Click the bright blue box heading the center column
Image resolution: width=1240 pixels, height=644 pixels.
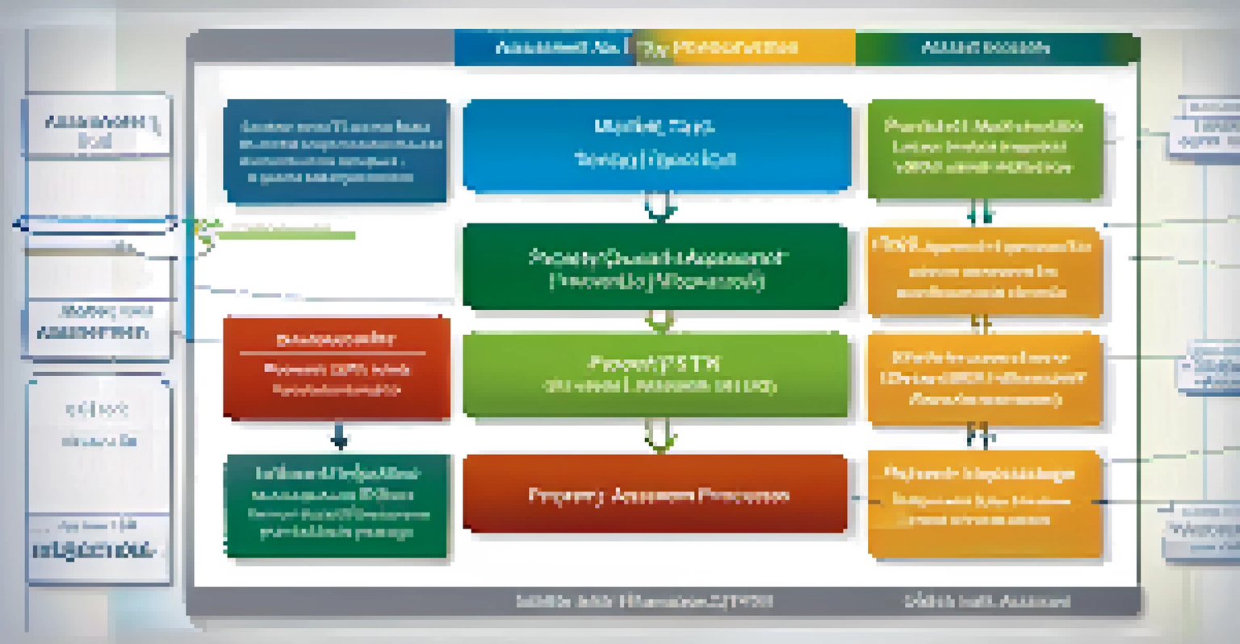(x=656, y=145)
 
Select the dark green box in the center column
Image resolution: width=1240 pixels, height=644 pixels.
(x=656, y=267)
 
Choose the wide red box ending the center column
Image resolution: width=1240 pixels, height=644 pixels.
(x=656, y=494)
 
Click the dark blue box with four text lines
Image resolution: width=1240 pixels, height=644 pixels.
(x=336, y=151)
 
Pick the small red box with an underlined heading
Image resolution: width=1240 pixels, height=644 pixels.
(x=337, y=368)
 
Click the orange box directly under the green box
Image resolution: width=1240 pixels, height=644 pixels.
(x=985, y=272)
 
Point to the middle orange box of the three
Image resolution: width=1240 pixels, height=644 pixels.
(x=985, y=378)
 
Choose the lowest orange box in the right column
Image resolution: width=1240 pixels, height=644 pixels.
(x=985, y=503)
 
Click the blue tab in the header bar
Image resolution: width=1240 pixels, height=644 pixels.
(x=546, y=48)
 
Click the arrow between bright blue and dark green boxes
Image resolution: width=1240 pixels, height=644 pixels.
(x=660, y=207)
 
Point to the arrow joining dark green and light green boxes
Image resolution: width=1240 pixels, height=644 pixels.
(x=660, y=321)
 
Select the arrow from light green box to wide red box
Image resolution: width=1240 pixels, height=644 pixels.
(x=660, y=436)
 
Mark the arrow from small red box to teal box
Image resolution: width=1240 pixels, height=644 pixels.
(x=340, y=438)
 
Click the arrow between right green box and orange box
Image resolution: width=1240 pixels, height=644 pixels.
(x=981, y=213)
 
